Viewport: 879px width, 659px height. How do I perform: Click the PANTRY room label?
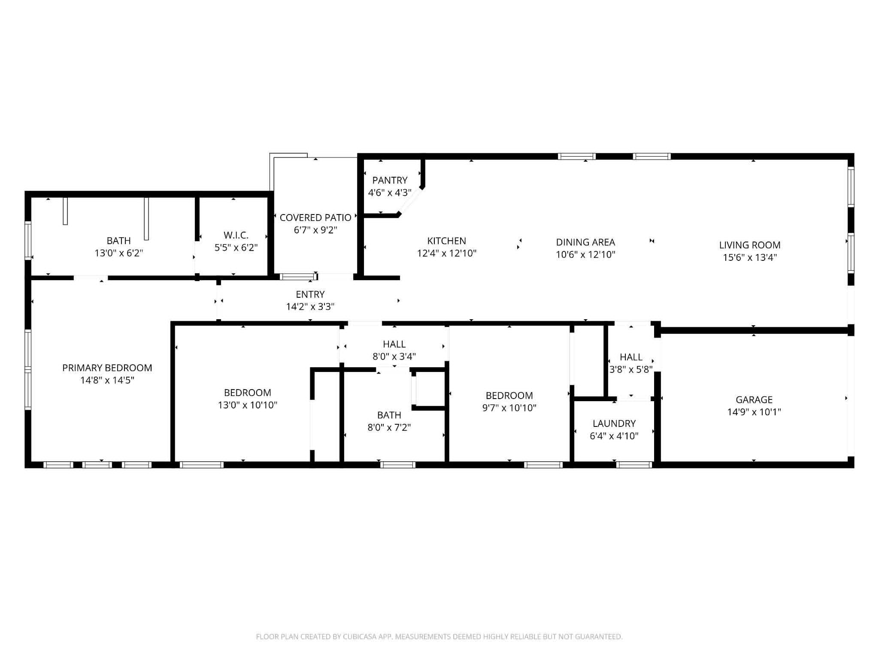pos(390,180)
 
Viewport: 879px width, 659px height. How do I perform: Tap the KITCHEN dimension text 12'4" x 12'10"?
pos(447,254)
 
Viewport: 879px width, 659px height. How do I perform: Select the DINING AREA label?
pos(585,242)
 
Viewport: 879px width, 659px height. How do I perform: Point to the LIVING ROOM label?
pos(750,245)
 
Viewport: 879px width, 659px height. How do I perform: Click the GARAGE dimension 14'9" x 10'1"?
pos(754,412)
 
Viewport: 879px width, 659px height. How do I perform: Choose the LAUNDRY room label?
pos(614,423)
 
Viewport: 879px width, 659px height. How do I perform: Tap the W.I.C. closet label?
pos(236,235)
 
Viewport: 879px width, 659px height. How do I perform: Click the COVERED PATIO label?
pos(315,218)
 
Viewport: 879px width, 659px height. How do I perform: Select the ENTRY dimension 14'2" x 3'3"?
pos(310,307)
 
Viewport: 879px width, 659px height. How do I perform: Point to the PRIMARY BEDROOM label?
pos(107,368)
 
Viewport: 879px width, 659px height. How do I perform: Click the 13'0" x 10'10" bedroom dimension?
pos(248,405)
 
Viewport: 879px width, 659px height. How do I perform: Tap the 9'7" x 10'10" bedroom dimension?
pos(509,408)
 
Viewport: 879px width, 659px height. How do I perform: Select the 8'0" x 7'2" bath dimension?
pos(389,427)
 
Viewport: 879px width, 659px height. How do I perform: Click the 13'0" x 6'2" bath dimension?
pos(119,253)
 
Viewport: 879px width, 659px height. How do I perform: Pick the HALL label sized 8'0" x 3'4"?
pos(394,344)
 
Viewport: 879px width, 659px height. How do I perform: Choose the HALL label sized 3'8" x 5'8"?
pos(631,357)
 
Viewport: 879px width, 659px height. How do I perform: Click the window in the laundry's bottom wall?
pos(634,465)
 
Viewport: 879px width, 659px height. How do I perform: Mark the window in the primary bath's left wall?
pos(28,240)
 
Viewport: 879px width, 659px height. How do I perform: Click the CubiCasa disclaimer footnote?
pos(439,637)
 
